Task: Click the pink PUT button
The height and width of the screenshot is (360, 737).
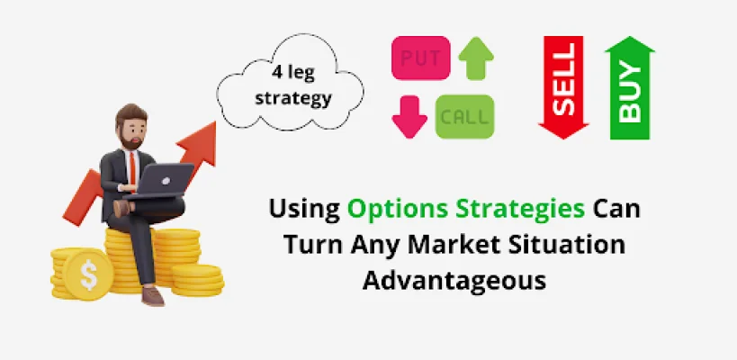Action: (x=420, y=58)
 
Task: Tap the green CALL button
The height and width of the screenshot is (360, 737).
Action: (x=465, y=117)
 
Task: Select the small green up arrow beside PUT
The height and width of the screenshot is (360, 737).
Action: (x=476, y=58)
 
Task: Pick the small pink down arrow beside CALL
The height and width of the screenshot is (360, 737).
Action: (x=409, y=117)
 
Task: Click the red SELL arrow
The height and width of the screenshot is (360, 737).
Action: (x=563, y=87)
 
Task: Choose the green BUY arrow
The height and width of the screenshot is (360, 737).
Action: (x=630, y=87)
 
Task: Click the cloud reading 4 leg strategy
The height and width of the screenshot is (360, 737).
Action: (x=290, y=84)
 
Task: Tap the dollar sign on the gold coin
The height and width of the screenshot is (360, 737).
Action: (x=88, y=275)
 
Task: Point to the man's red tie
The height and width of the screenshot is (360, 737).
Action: (x=133, y=170)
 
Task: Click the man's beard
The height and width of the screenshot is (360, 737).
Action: (x=130, y=140)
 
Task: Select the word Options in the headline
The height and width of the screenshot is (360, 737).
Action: (x=394, y=209)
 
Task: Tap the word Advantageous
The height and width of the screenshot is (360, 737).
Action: (x=454, y=281)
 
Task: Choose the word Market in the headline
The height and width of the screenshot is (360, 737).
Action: (x=470, y=245)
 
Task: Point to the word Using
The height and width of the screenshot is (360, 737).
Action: (x=304, y=210)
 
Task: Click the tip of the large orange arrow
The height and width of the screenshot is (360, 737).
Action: (x=215, y=121)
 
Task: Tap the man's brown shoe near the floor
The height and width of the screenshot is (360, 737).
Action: (x=153, y=297)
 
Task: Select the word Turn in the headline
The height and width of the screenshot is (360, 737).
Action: (x=312, y=245)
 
